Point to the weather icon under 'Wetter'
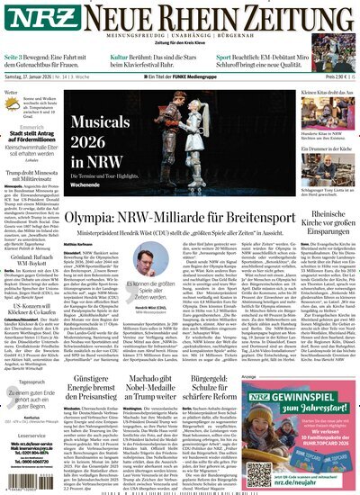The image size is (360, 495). pos(21,103)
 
